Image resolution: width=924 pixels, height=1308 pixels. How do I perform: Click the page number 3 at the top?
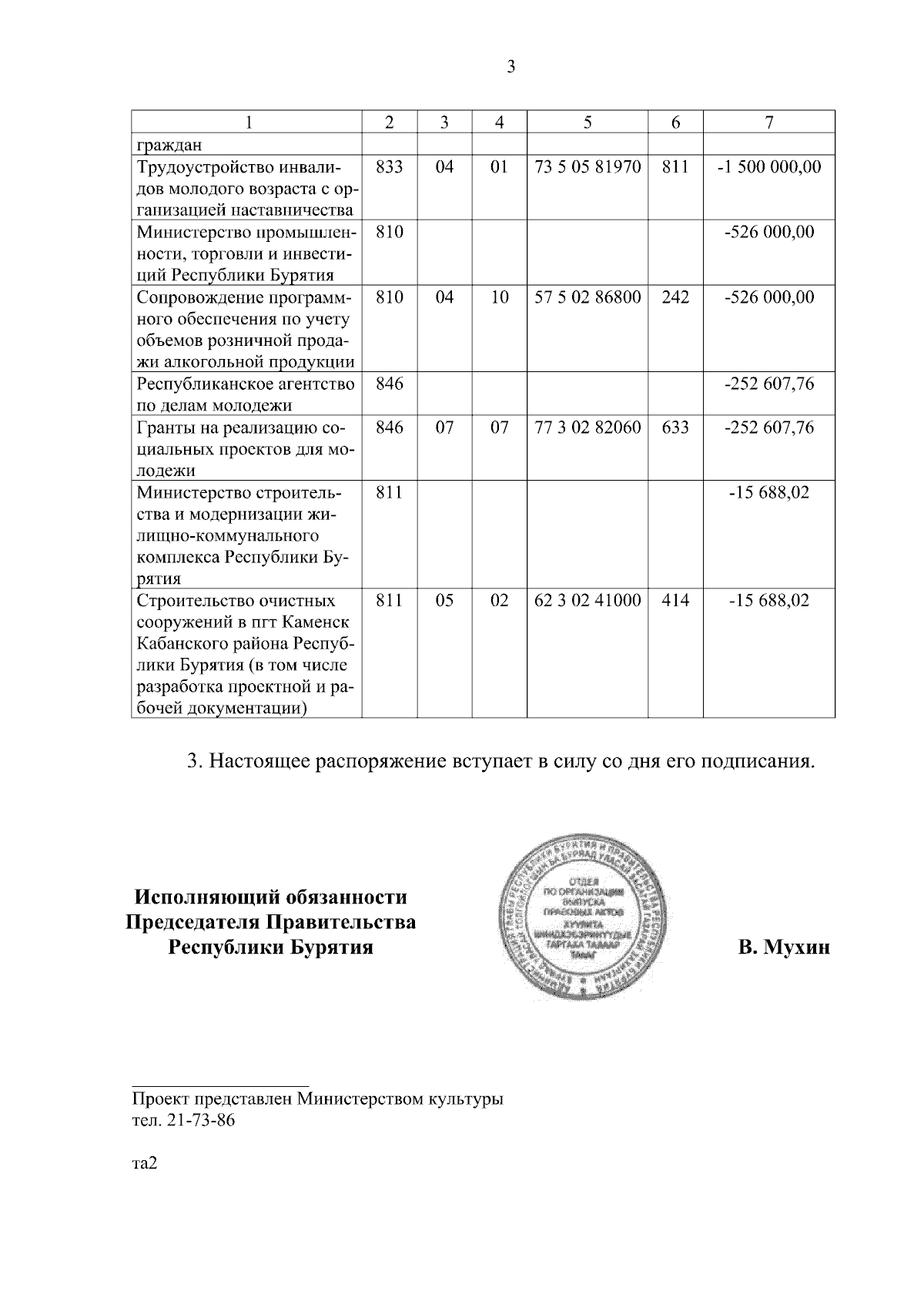[511, 67]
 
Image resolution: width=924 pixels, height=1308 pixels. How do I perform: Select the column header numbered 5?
[587, 122]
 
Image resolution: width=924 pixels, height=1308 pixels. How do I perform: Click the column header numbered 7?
[768, 122]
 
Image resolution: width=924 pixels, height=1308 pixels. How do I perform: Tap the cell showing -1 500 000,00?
[768, 167]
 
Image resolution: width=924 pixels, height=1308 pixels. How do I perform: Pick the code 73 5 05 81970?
[587, 167]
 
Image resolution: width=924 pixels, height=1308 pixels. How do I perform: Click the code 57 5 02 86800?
[587, 297]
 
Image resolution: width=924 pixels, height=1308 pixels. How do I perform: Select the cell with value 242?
[675, 297]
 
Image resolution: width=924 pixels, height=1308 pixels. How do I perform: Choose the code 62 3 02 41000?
[587, 601]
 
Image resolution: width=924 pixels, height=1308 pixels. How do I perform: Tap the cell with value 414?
[675, 601]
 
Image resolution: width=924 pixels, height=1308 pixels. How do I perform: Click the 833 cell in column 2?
[390, 167]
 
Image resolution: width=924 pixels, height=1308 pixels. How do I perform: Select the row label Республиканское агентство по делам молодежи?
[246, 394]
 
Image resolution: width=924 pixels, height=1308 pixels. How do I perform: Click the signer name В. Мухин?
[784, 947]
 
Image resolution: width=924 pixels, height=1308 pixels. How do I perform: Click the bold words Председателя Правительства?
[271, 922]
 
